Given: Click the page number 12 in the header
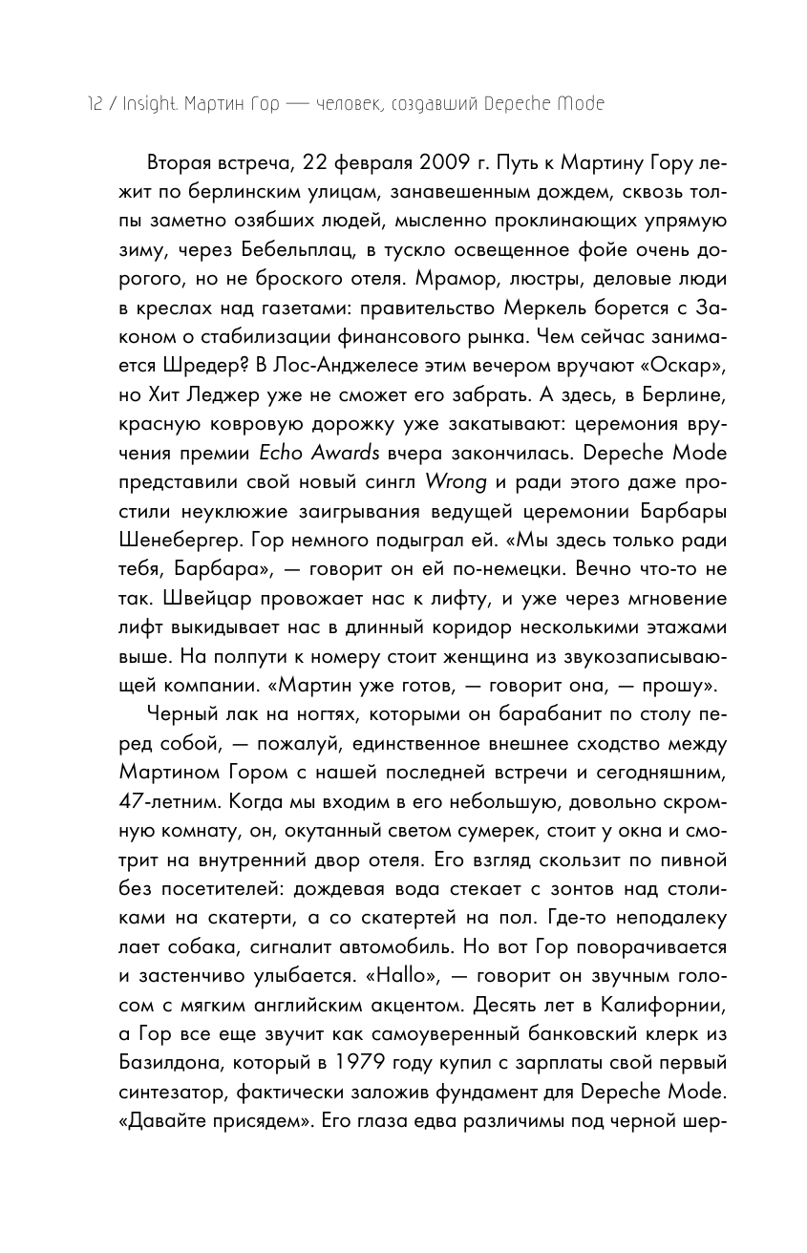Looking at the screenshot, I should pyautogui.click(x=95, y=104).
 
